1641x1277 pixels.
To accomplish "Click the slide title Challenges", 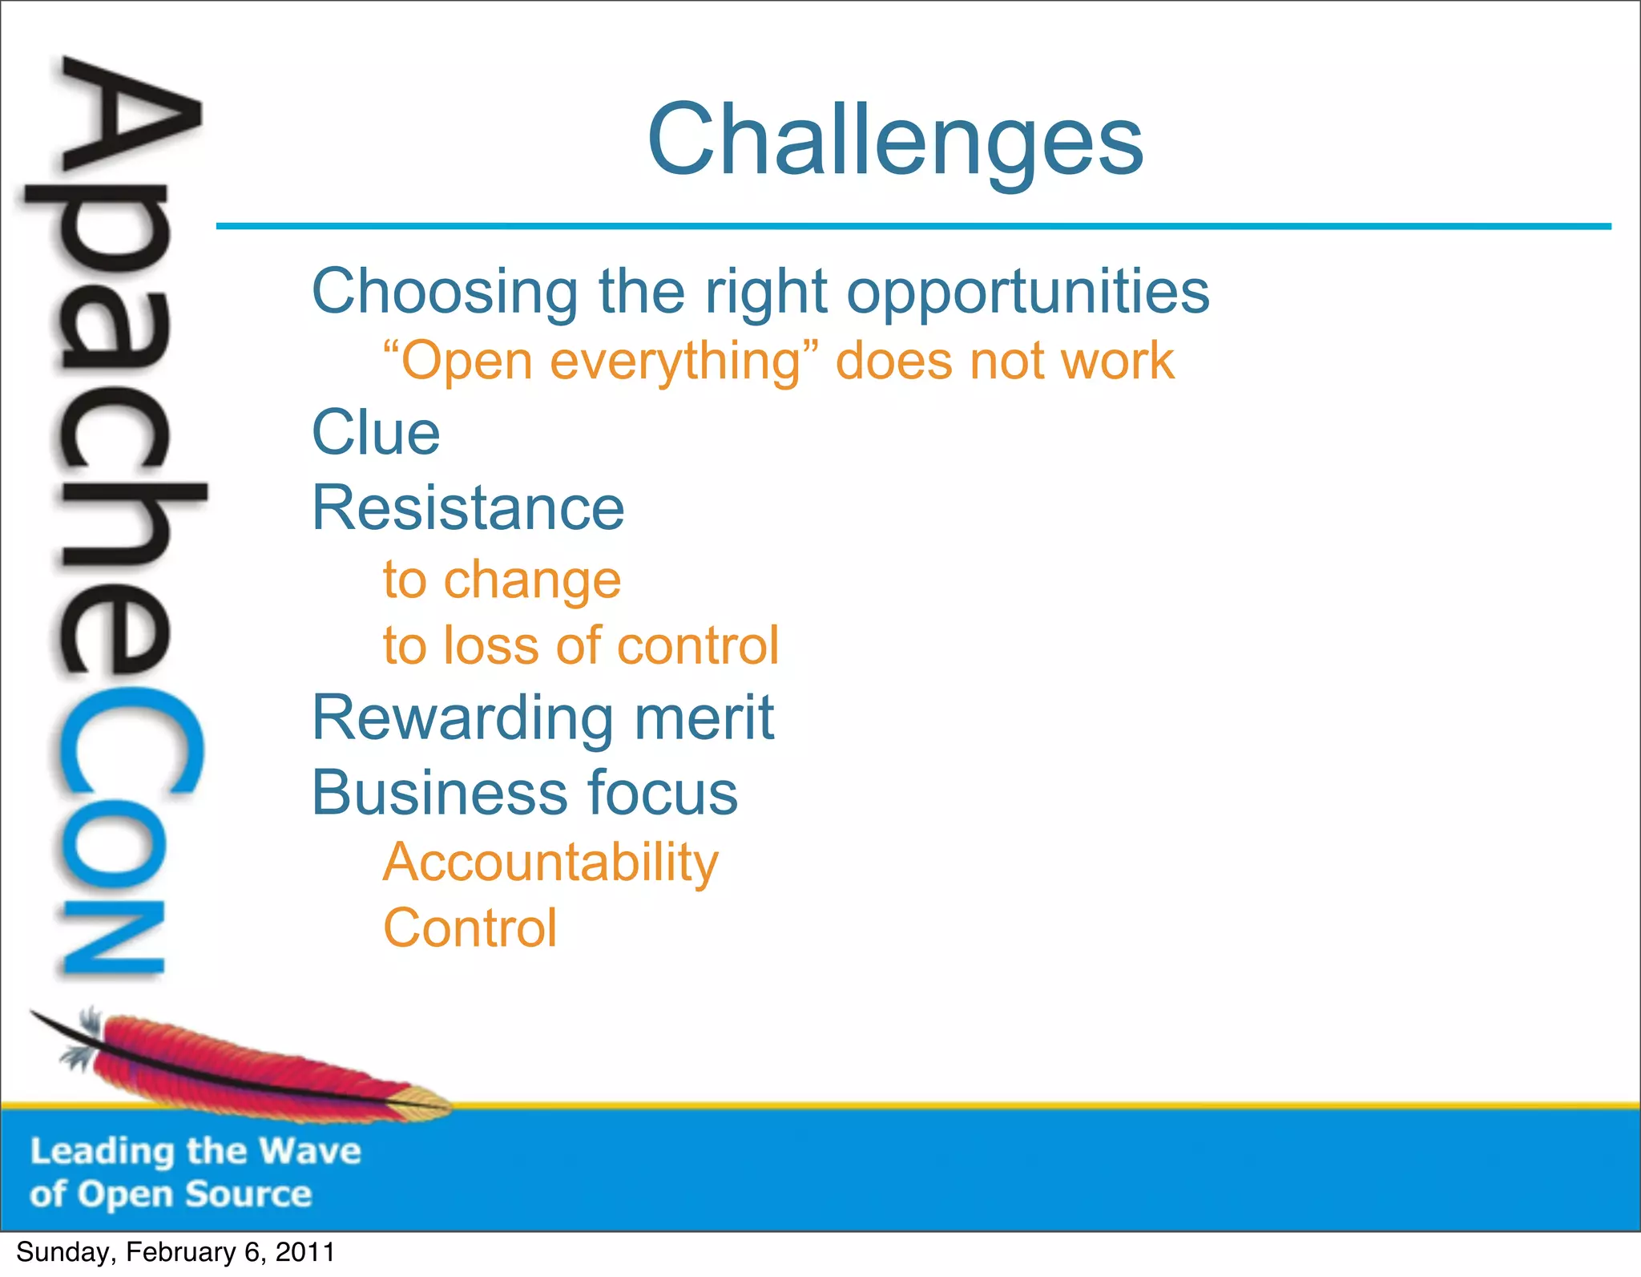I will coord(895,141).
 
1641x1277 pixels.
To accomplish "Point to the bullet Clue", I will coord(376,432).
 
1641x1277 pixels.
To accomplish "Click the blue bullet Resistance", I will coord(468,508).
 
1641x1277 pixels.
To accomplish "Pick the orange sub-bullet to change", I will coord(502,580).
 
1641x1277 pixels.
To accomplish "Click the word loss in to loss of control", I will coord(492,646).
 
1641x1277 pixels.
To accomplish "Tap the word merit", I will coord(704,717).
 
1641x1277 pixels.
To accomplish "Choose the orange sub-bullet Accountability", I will coord(550,863).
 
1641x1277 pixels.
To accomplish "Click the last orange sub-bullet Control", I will coord(470,929).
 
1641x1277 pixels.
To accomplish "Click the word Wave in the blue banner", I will coord(311,1152).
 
